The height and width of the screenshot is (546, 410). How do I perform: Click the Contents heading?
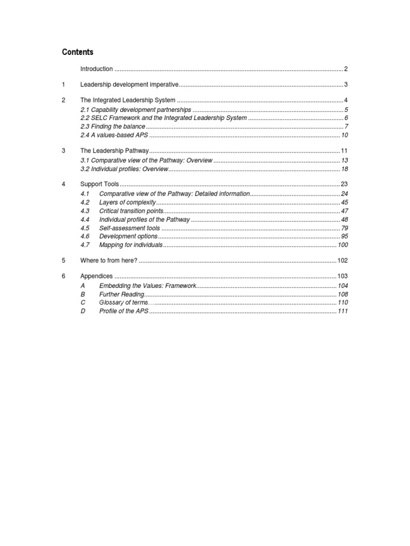click(x=77, y=52)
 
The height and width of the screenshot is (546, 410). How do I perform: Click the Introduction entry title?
click(x=96, y=69)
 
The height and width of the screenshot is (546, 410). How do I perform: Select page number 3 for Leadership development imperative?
click(x=346, y=85)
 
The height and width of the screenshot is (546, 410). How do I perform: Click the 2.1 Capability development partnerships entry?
click(x=135, y=109)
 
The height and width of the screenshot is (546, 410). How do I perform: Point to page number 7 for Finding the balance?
click(x=346, y=126)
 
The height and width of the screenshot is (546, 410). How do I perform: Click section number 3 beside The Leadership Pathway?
click(x=63, y=151)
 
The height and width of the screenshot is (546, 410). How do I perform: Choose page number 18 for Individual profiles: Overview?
click(x=344, y=169)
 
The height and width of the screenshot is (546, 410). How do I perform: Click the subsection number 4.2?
click(x=85, y=203)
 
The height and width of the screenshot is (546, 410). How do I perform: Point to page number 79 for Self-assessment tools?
click(x=344, y=228)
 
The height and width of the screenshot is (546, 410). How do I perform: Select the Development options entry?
click(x=128, y=236)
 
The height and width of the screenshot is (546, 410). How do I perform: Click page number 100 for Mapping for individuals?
click(x=342, y=245)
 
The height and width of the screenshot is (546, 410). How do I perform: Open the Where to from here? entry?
click(x=108, y=260)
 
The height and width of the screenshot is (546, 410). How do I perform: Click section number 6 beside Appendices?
click(x=63, y=276)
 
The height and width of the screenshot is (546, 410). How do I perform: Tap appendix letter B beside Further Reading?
click(x=83, y=294)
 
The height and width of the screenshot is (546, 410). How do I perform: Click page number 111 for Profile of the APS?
click(x=342, y=311)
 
